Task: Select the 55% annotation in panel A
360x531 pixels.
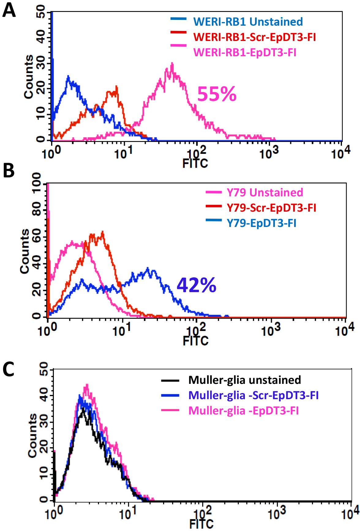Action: click(217, 94)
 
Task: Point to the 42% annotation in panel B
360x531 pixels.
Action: click(197, 285)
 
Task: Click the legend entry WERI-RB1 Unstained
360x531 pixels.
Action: click(248, 22)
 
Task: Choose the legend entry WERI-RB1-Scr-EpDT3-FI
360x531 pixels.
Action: click(254, 37)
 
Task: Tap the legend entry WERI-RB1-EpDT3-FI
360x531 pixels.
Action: click(245, 52)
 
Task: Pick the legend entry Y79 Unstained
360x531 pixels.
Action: click(265, 192)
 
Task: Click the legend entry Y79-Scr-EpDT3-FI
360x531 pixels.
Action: click(271, 208)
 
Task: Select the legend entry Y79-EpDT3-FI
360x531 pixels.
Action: click(261, 223)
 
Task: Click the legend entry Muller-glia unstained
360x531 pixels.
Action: click(245, 380)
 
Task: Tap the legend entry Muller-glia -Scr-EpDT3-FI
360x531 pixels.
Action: click(253, 395)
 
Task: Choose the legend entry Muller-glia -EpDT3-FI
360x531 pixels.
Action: click(243, 410)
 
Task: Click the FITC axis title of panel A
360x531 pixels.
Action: click(195, 163)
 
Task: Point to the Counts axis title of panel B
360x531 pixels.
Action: click(24, 251)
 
